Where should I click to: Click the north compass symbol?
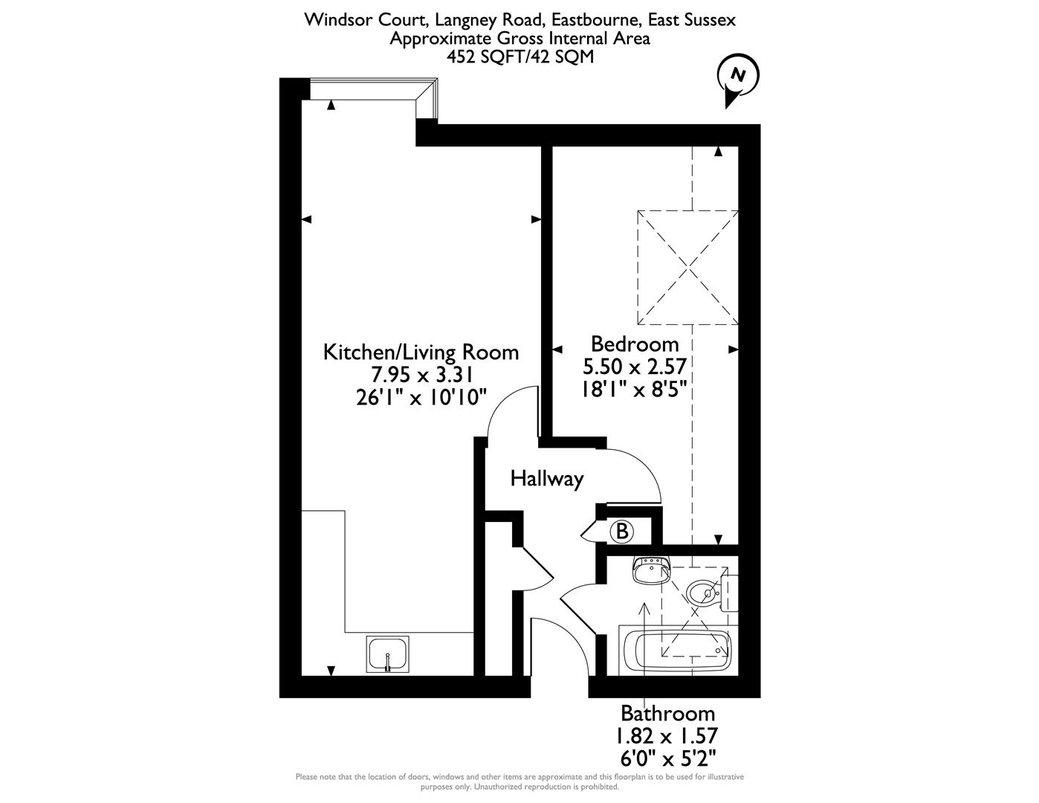(737, 77)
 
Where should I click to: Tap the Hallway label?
(546, 479)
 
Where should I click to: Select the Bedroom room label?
(635, 344)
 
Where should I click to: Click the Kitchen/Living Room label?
(421, 352)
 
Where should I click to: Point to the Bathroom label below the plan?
(667, 714)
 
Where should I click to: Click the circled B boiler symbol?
(622, 531)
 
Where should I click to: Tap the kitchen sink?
(388, 654)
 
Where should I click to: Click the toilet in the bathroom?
(706, 591)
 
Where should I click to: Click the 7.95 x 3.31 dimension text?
(421, 375)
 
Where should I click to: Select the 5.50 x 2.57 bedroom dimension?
(634, 366)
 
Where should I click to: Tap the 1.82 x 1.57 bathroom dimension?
(667, 736)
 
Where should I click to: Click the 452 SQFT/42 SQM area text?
(519, 57)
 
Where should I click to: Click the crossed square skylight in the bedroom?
(687, 267)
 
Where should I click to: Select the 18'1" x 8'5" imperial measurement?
(634, 388)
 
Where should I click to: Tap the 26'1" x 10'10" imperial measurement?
(421, 397)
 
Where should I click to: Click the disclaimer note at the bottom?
(519, 781)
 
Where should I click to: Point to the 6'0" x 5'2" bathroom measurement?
(667, 758)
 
